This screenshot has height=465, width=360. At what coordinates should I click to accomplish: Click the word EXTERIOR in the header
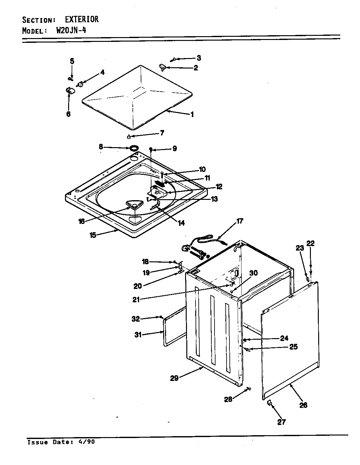82,20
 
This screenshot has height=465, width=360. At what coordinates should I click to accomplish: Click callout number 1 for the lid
192,115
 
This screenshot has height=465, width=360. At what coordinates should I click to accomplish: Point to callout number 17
240,221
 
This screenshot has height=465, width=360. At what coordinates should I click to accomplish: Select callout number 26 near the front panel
303,405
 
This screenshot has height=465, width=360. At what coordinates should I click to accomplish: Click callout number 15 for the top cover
93,235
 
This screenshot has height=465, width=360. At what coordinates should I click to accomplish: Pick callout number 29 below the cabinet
174,378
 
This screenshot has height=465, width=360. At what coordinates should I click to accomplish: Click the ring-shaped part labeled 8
134,148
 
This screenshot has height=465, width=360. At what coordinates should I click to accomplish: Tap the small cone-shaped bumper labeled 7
129,137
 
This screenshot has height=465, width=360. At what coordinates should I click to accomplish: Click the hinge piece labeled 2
163,67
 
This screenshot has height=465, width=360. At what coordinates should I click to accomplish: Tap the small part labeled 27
270,403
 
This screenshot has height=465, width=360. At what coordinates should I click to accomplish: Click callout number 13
214,199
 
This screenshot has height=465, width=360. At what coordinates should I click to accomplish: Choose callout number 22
311,243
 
